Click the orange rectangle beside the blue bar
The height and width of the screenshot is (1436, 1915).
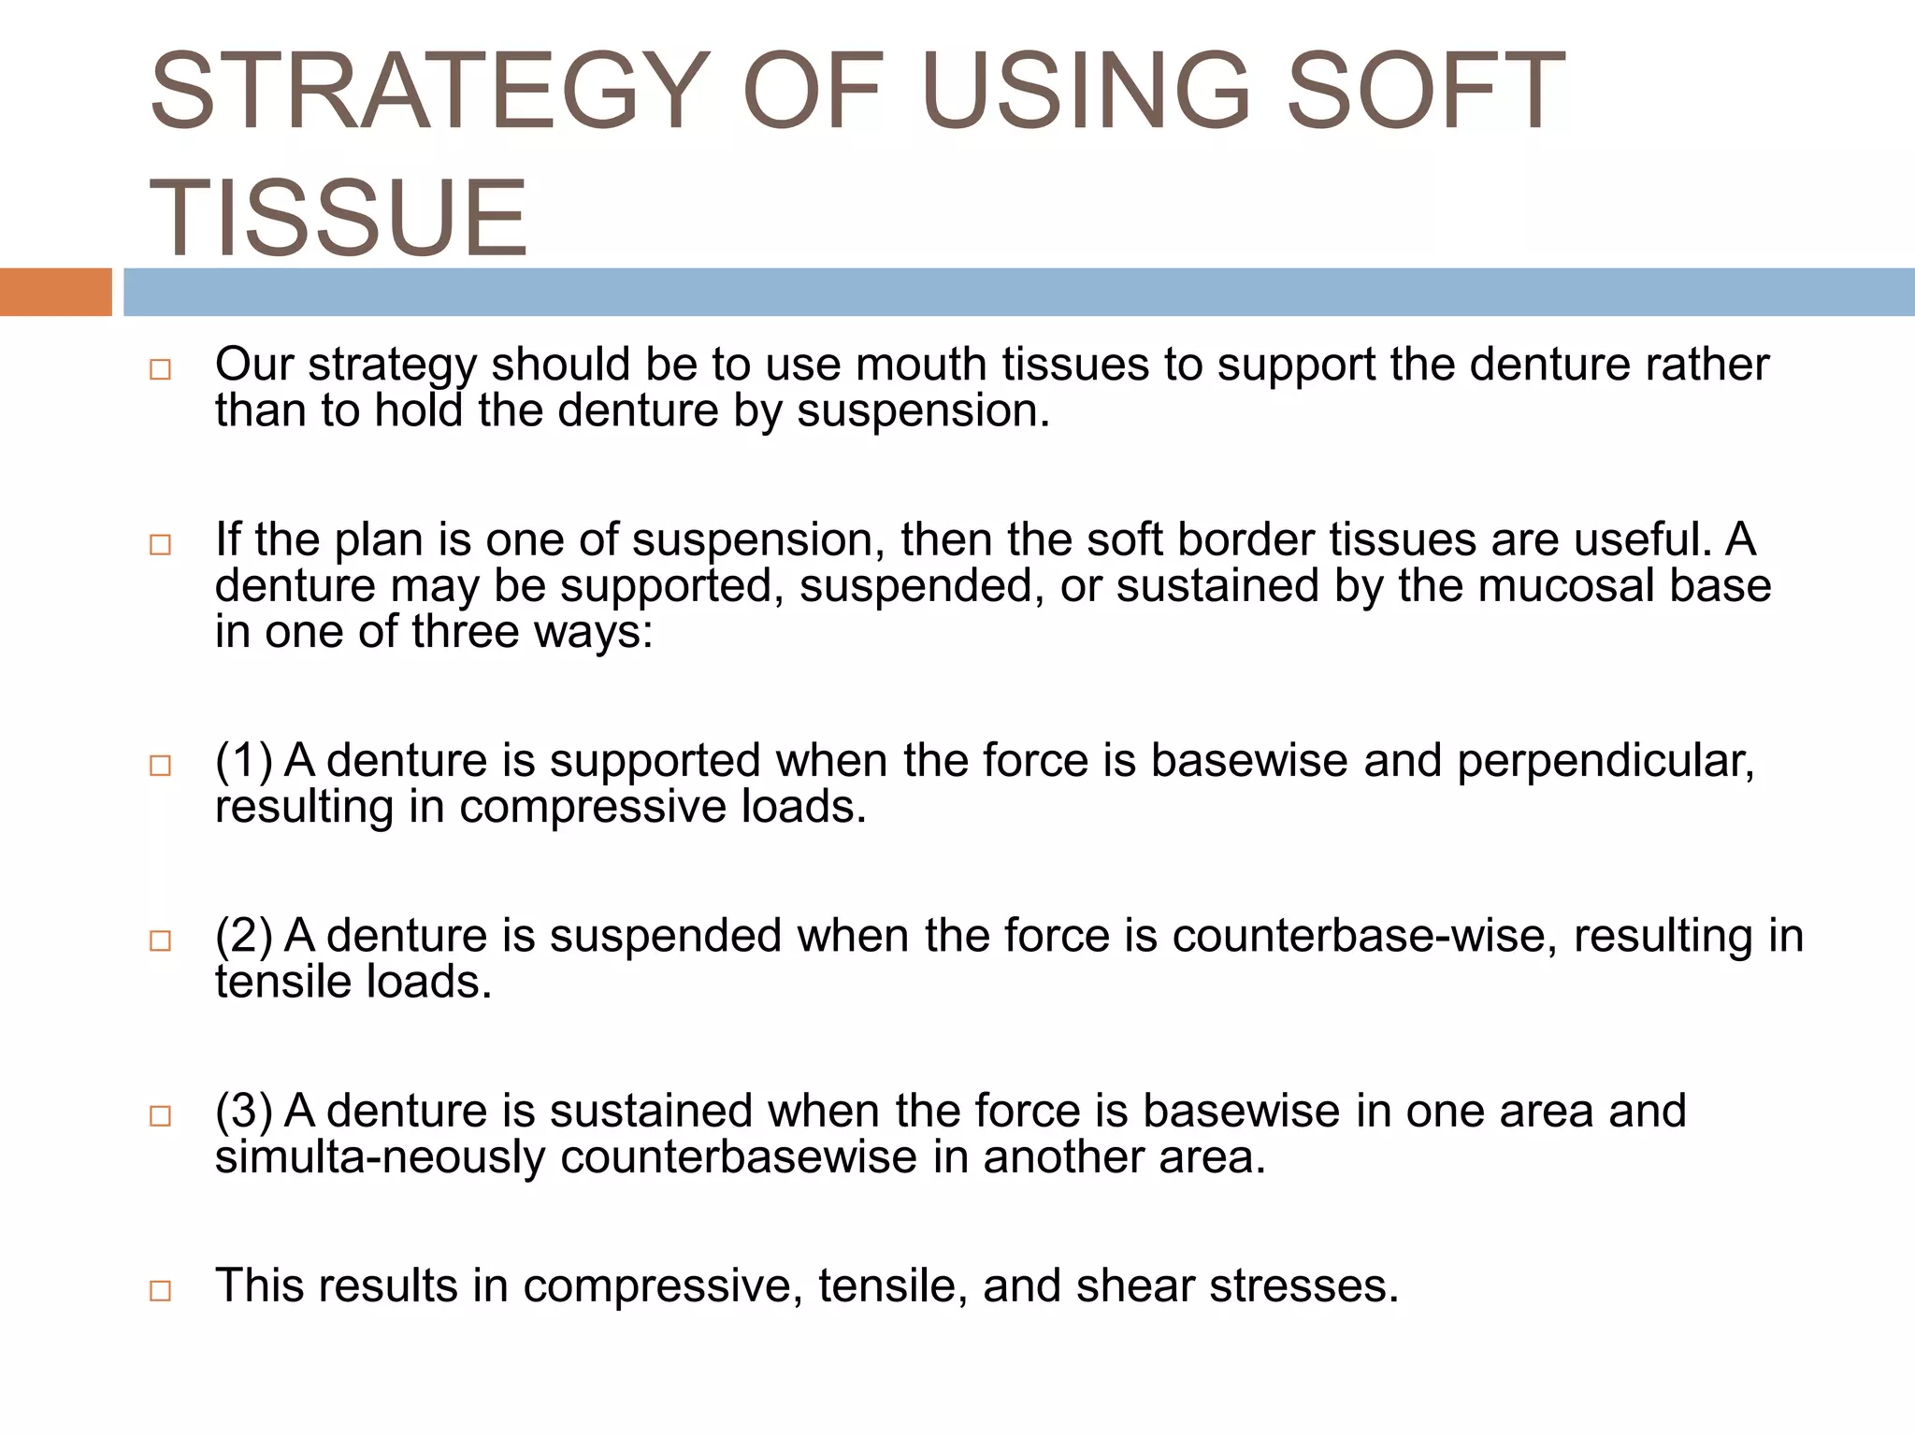[x=55, y=293]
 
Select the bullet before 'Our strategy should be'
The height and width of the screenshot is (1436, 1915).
[x=160, y=369]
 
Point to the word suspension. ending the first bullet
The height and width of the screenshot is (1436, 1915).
[x=923, y=411]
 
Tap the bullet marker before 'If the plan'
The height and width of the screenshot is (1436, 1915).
[x=160, y=544]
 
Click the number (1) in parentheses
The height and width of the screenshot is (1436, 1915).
[x=243, y=760]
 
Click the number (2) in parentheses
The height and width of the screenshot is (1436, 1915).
[x=243, y=936]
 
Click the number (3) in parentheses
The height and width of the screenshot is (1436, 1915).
[x=243, y=1112]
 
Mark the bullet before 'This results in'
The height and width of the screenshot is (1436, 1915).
[x=160, y=1291]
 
